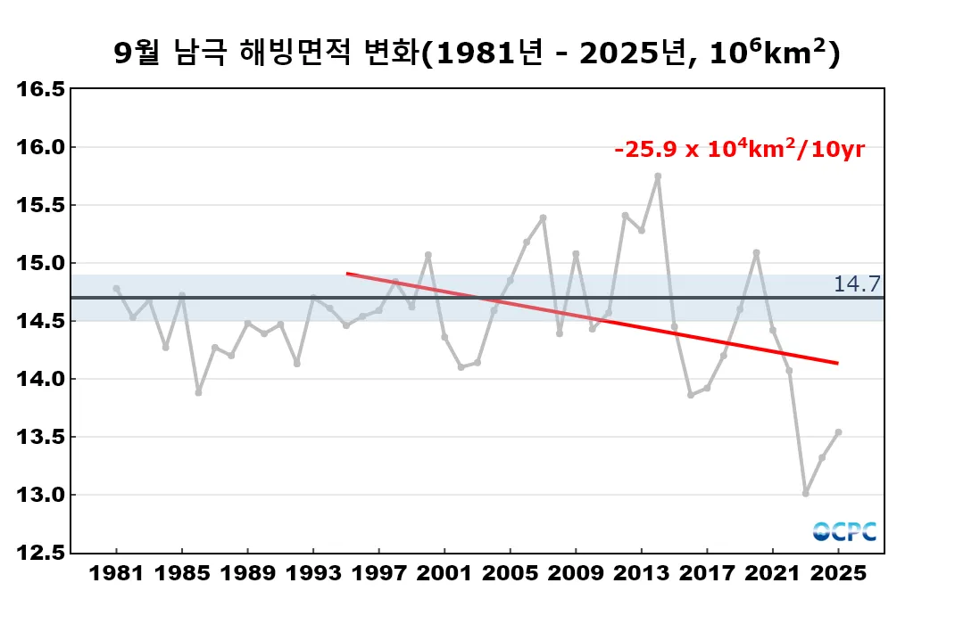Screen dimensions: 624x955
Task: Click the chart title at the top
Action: (x=477, y=53)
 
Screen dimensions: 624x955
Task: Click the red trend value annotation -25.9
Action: (x=739, y=150)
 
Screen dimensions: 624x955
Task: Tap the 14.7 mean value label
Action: (x=857, y=283)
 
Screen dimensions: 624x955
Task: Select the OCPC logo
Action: (x=844, y=531)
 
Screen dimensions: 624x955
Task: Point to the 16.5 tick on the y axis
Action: (x=42, y=89)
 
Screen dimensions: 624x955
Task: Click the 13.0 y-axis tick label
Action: (x=42, y=495)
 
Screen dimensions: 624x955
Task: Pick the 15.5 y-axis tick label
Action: (x=42, y=205)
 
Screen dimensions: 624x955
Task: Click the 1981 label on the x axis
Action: (x=117, y=574)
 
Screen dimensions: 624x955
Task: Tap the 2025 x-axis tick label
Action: (x=838, y=574)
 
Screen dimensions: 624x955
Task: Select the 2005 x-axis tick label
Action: (x=510, y=574)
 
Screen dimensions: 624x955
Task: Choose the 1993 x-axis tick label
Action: (x=313, y=574)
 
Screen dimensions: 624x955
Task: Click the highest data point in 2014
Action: (x=658, y=177)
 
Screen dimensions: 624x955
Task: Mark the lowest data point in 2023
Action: (x=805, y=493)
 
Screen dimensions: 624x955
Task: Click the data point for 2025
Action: (x=838, y=432)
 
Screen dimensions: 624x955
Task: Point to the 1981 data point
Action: (x=117, y=288)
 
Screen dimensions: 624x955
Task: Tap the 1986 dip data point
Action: (x=198, y=392)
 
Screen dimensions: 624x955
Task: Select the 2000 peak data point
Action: (x=428, y=255)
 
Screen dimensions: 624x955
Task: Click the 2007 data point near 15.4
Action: (x=543, y=218)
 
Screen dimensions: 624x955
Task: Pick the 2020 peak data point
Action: (x=756, y=252)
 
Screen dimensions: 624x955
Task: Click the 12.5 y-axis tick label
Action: (x=42, y=553)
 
